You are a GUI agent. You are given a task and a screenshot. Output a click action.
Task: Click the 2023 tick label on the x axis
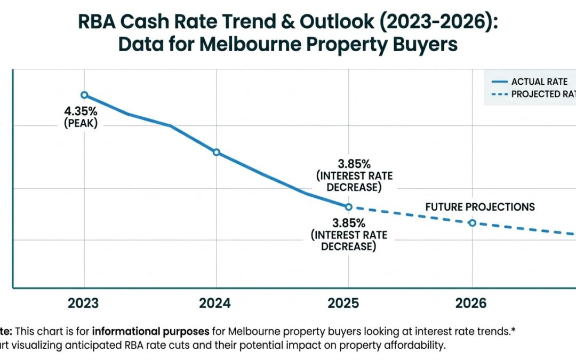tap(83, 303)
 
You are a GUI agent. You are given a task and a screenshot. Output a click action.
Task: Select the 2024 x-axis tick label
tap(215, 303)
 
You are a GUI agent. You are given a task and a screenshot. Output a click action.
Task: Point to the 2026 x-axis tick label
tap(471, 303)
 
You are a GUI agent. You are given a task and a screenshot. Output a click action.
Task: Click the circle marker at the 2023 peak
tap(84, 95)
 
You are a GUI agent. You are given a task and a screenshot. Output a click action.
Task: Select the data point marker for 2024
tap(216, 152)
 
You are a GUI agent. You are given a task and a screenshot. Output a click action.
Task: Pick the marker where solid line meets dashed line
tap(348, 207)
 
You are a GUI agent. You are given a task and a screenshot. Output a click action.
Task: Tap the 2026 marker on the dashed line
tap(472, 222)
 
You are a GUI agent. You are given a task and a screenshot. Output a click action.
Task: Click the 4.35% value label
tap(81, 112)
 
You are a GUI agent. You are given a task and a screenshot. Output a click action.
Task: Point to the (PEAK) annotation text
tap(81, 124)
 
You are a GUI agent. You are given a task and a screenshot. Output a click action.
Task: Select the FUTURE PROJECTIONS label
tap(479, 207)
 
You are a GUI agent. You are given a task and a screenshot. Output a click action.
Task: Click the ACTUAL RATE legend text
tap(539, 82)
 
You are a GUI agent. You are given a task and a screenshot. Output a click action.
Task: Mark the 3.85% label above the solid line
tap(349, 163)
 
